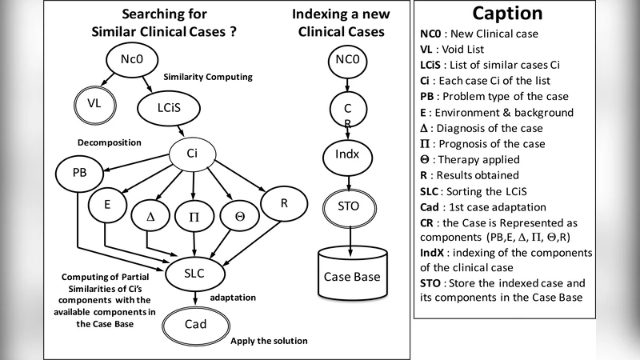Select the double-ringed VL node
pyautogui.click(x=97, y=102)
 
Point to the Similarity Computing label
pyautogui.click(x=207, y=77)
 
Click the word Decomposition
pyautogui.click(x=110, y=142)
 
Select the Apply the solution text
pyautogui.click(x=269, y=341)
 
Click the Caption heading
pyautogui.click(x=507, y=14)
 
